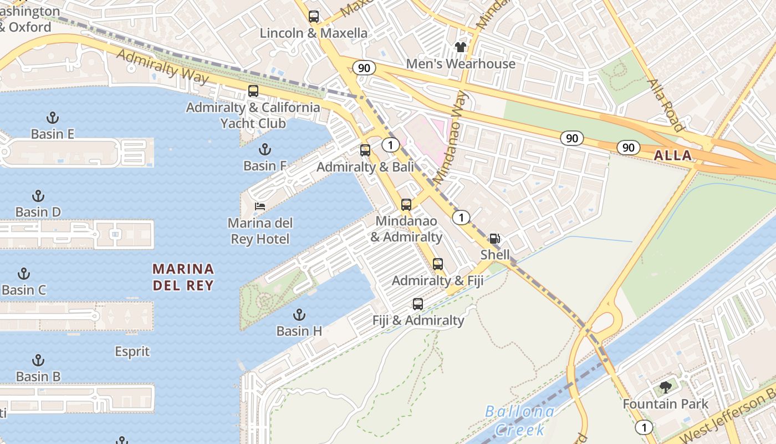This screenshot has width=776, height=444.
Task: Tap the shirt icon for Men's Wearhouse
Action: pos(461,47)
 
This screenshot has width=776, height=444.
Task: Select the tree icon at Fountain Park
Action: pos(666,387)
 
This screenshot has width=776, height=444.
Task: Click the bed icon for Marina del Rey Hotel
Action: pos(259,206)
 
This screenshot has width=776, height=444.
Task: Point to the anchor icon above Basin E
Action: pos(52,117)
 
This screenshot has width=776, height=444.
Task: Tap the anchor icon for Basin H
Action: pos(299,315)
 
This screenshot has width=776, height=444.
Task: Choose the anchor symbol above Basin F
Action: pos(265,149)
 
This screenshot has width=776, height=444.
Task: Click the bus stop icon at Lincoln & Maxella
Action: pos(314,17)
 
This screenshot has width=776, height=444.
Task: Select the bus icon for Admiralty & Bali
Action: pos(365,150)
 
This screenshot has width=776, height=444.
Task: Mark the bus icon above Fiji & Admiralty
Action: pos(418,304)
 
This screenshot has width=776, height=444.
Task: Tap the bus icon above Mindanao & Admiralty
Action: pos(406,205)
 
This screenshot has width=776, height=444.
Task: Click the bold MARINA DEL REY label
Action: pos(183,277)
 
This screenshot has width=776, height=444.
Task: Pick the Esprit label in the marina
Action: pos(132,351)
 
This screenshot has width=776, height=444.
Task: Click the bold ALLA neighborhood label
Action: pos(673,155)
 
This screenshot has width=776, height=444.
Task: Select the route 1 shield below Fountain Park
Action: pos(644,427)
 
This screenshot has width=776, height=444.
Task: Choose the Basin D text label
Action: pos(38,212)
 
